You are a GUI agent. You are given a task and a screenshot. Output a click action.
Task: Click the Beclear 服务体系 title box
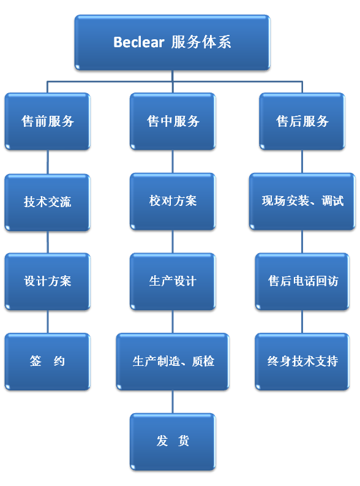(x=172, y=42)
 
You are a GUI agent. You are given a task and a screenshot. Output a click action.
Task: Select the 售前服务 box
(x=48, y=121)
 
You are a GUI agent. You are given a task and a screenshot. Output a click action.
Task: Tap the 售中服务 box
(x=173, y=121)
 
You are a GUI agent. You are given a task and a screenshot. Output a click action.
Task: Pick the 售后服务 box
(x=302, y=121)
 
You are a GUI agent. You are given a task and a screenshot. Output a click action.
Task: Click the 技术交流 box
(x=48, y=202)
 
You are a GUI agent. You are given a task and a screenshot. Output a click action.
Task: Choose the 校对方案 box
(x=173, y=201)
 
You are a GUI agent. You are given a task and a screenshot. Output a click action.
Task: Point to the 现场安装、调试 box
(x=302, y=201)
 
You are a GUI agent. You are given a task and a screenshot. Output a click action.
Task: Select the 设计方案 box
(x=48, y=281)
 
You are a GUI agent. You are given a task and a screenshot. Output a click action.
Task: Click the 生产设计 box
(x=173, y=281)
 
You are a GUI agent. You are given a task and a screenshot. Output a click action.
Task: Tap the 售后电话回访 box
(x=302, y=281)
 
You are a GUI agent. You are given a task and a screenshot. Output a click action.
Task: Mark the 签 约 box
(x=48, y=362)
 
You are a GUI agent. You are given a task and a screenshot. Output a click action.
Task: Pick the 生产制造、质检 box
(x=173, y=362)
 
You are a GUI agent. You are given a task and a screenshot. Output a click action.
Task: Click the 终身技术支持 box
(x=302, y=362)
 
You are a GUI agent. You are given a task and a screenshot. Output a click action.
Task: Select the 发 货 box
(x=173, y=441)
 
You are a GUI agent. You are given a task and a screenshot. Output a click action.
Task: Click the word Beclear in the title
(x=139, y=42)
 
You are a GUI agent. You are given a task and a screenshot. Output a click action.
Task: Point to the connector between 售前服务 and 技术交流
(x=48, y=162)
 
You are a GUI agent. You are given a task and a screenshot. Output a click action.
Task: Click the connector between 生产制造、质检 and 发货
(x=173, y=401)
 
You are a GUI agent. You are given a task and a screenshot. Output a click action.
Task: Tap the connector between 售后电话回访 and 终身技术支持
(x=302, y=322)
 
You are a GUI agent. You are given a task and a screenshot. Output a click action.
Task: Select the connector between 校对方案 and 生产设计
(x=173, y=241)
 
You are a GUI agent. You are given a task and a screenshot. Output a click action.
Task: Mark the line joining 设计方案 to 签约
(x=48, y=322)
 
